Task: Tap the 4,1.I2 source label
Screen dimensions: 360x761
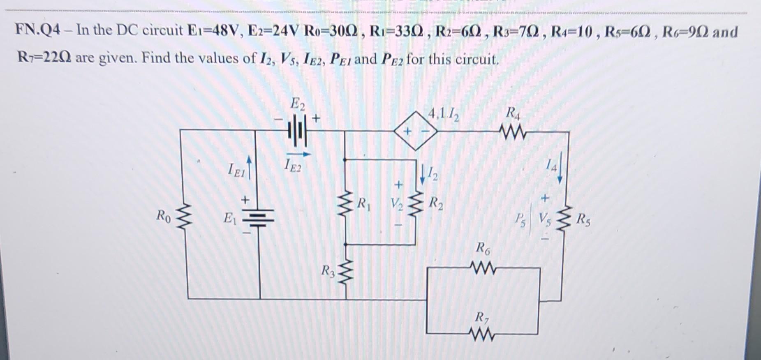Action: pyautogui.click(x=444, y=113)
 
